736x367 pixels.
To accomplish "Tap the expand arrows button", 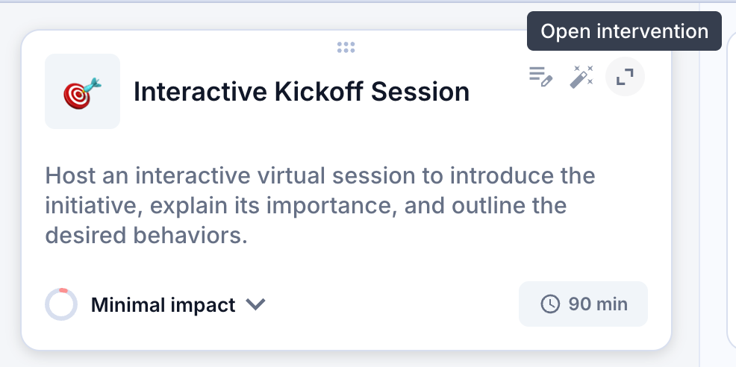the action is (625, 77).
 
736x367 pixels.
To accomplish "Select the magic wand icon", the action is (581, 77).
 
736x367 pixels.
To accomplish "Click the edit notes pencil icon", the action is (540, 77).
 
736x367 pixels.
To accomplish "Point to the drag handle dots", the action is (346, 48).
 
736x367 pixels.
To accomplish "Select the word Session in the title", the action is (420, 92).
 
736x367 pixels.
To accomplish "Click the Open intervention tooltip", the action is (624, 31).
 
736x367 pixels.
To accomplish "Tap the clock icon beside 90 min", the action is (550, 304).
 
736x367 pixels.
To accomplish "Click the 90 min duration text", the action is (598, 304).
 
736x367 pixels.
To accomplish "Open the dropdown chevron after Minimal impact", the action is (256, 304).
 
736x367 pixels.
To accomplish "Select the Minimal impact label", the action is (163, 305).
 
